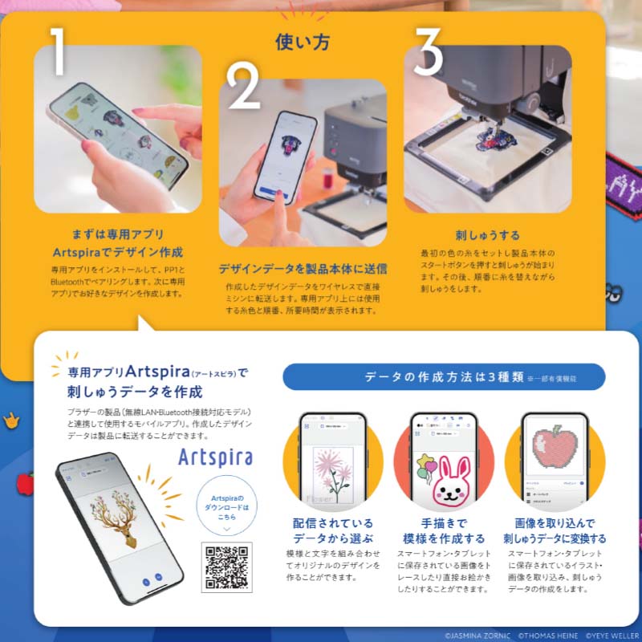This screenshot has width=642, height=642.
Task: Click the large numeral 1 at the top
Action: click(x=58, y=51)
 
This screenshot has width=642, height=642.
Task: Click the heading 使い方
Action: click(x=303, y=42)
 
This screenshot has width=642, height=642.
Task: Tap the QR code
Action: click(x=226, y=567)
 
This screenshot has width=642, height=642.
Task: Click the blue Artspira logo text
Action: click(x=215, y=458)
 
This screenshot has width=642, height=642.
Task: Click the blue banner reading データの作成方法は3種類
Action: click(x=443, y=376)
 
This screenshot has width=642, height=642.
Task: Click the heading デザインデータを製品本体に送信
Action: click(x=303, y=269)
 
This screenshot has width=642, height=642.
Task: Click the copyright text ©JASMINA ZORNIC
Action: click(x=477, y=633)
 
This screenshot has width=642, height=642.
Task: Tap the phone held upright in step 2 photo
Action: click(x=285, y=156)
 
